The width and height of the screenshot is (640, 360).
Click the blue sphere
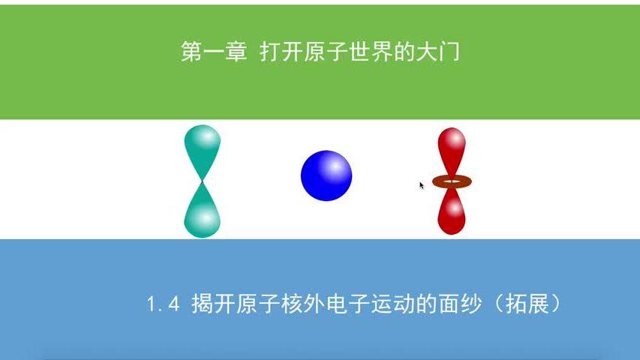point(326,175)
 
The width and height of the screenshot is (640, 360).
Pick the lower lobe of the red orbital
point(451,211)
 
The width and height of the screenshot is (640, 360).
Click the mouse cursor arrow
point(422,184)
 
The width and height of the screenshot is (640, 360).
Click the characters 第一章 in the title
point(214,52)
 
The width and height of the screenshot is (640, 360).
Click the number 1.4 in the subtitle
point(164,305)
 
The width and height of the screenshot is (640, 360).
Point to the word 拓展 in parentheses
point(528,305)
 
